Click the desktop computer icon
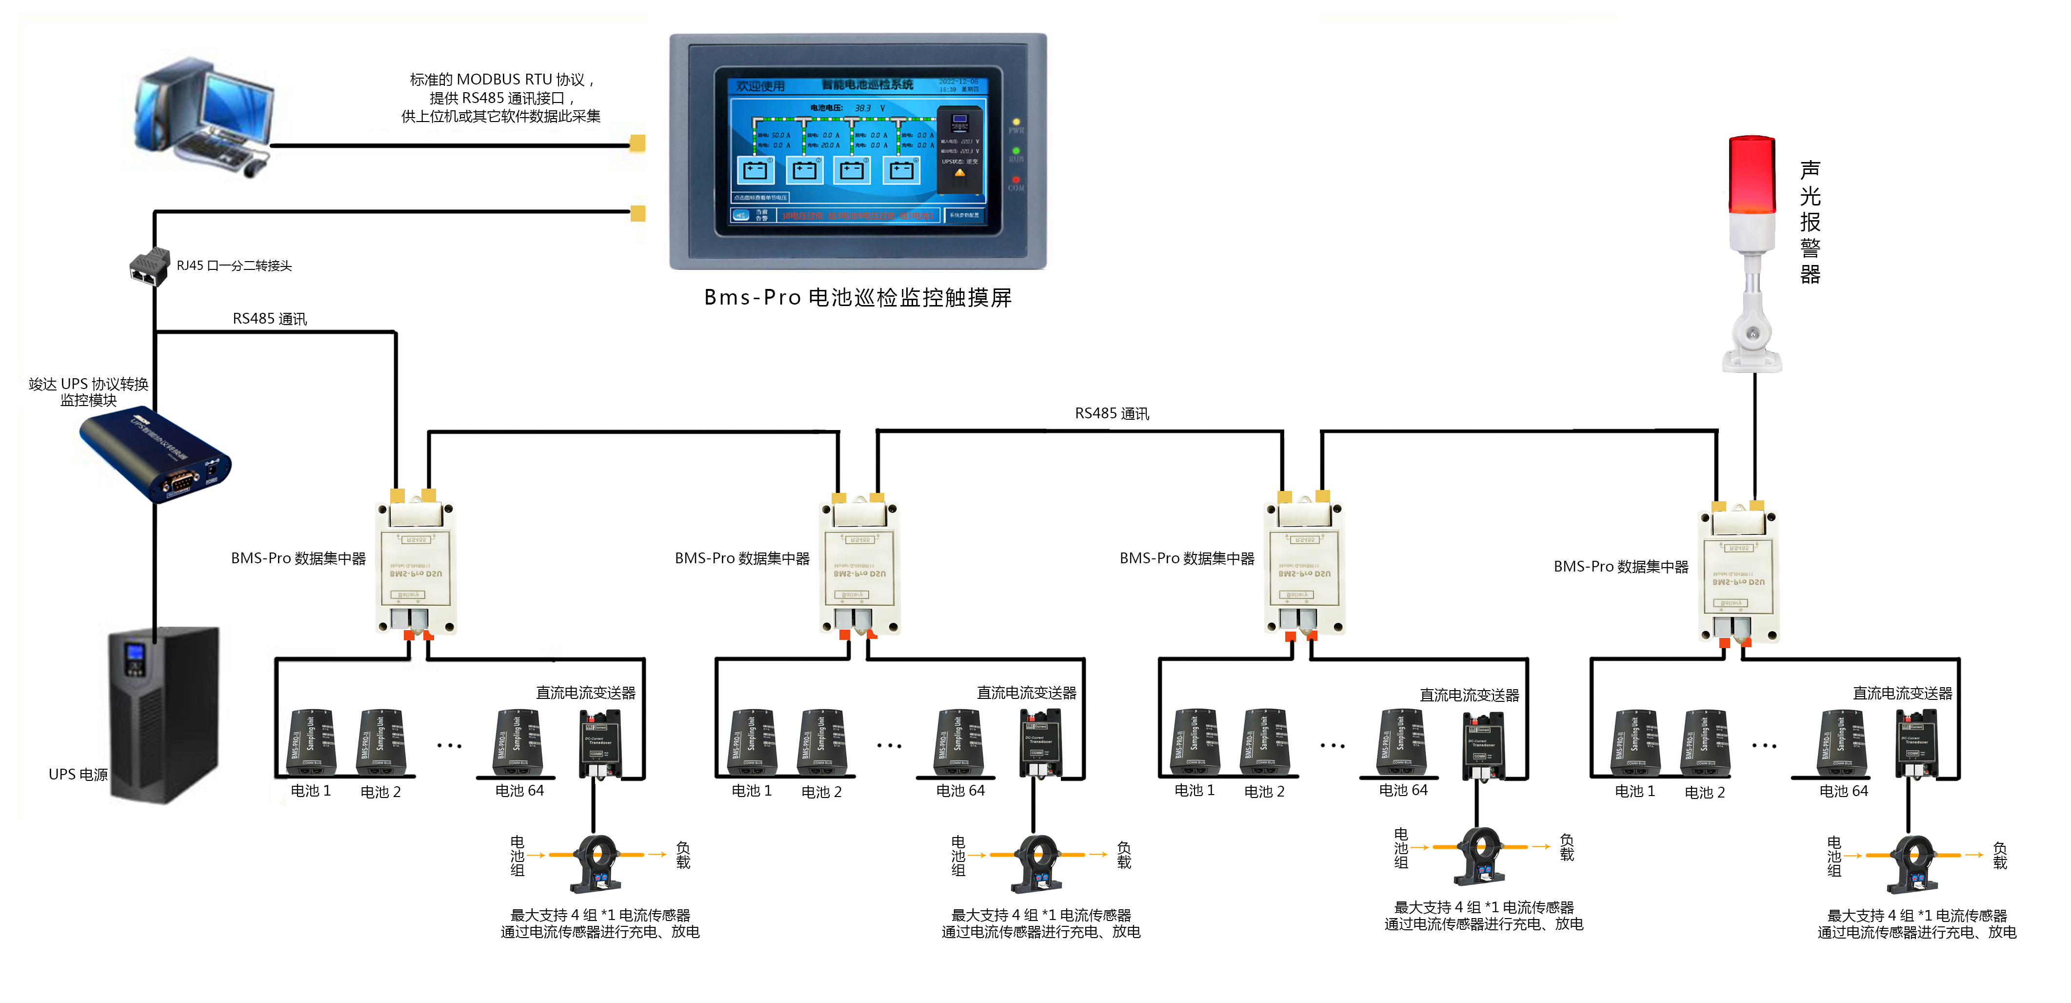205,117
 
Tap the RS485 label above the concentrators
1112,413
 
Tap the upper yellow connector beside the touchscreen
637,143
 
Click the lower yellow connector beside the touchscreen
637,213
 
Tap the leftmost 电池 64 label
519,791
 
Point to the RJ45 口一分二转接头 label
234,266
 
